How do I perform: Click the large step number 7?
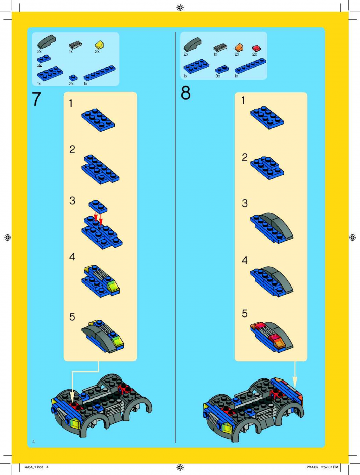pos(36,99)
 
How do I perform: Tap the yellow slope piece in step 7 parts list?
pos(99,45)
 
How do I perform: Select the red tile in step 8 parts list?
pos(256,49)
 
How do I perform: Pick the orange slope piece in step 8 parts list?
pos(239,47)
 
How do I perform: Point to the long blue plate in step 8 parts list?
pos(250,66)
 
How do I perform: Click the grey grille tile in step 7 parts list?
pos(75,45)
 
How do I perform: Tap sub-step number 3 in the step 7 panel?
pos(72,201)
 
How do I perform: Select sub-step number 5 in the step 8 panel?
pos(245,313)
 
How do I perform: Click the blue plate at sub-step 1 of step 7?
pos(98,120)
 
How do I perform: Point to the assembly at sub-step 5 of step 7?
pos(103,336)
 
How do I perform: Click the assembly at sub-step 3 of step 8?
pos(272,227)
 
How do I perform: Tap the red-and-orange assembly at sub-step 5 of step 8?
pos(272,337)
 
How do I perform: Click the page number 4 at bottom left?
pos(34,441)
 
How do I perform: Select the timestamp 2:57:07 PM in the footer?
pos(329,467)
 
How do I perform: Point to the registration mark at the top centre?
pos(180,7)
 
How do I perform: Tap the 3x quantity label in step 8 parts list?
pos(218,76)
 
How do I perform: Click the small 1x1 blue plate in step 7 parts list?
pos(73,78)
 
